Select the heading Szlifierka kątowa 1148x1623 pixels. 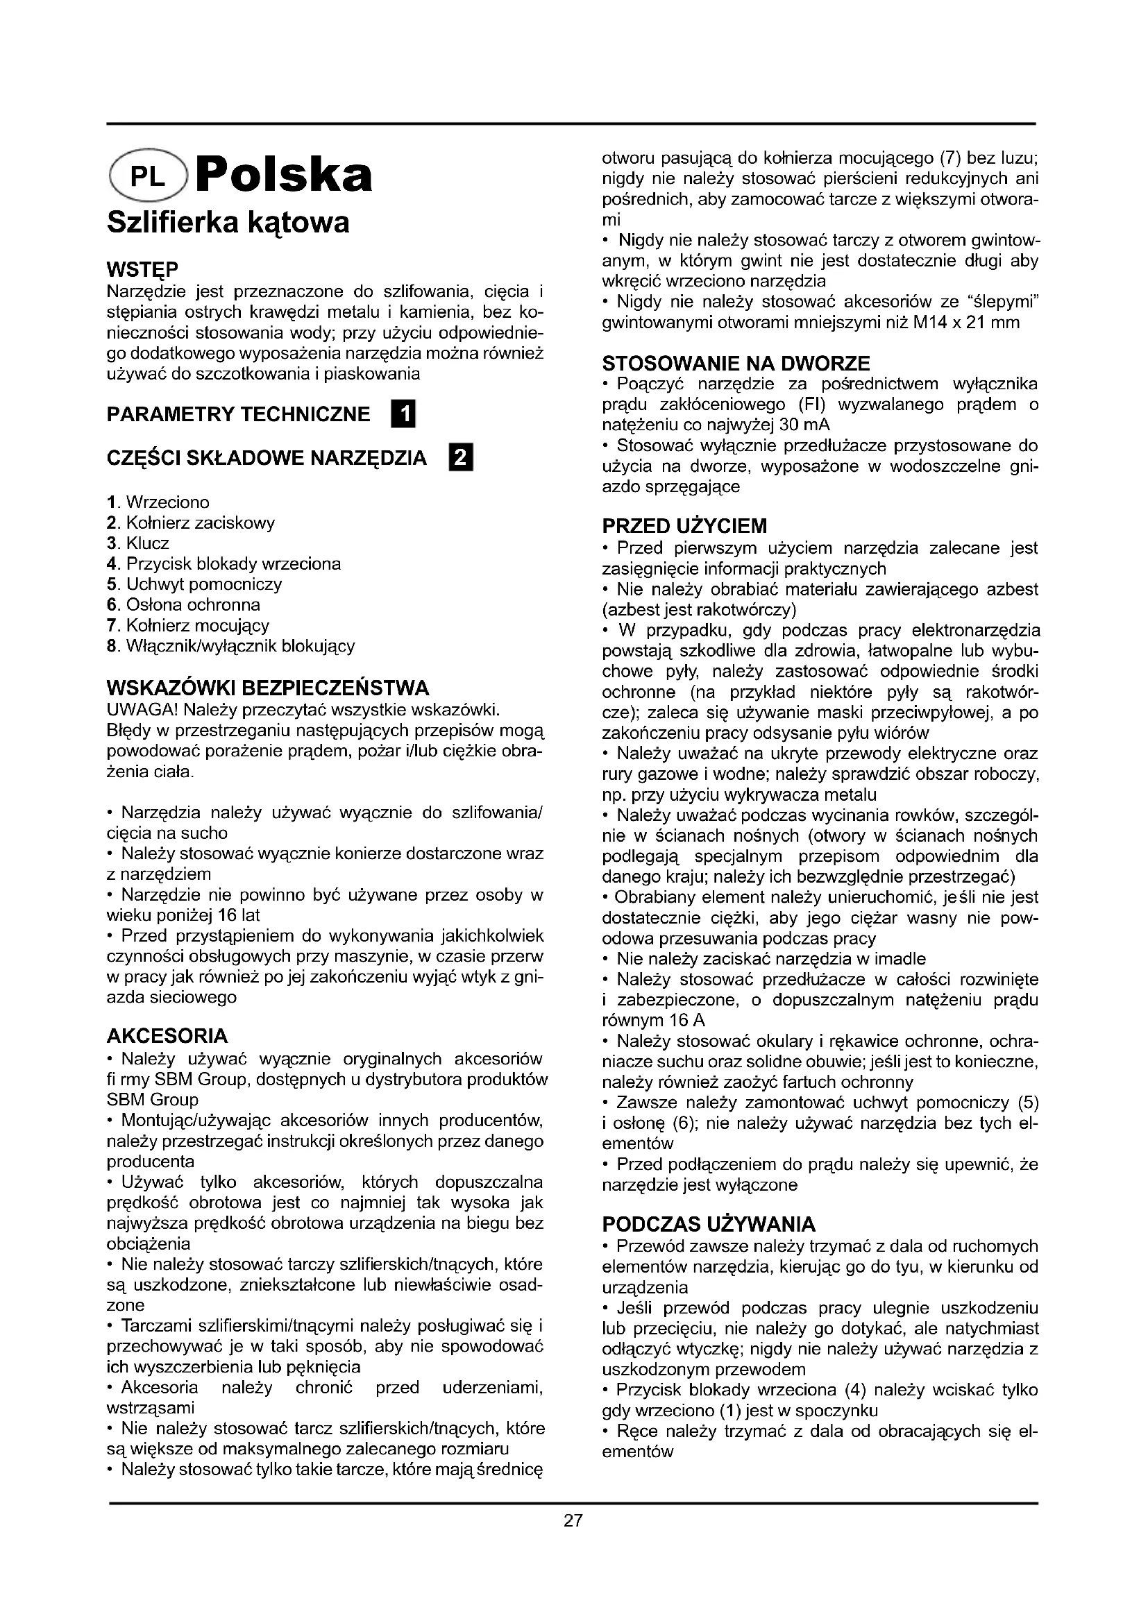click(228, 223)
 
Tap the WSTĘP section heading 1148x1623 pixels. click(142, 270)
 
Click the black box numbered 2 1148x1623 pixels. click(461, 459)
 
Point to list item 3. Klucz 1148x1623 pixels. click(139, 543)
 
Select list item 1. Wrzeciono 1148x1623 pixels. click(158, 502)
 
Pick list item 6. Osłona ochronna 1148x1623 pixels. click(183, 605)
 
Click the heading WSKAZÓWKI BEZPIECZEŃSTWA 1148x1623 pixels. click(268, 687)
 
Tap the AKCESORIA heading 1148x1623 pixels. click(167, 1036)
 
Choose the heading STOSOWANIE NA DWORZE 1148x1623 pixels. click(736, 364)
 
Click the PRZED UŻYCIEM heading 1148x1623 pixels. click(684, 527)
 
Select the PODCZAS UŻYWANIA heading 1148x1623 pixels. click(709, 1224)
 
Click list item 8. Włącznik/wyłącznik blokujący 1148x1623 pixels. click(230, 646)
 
